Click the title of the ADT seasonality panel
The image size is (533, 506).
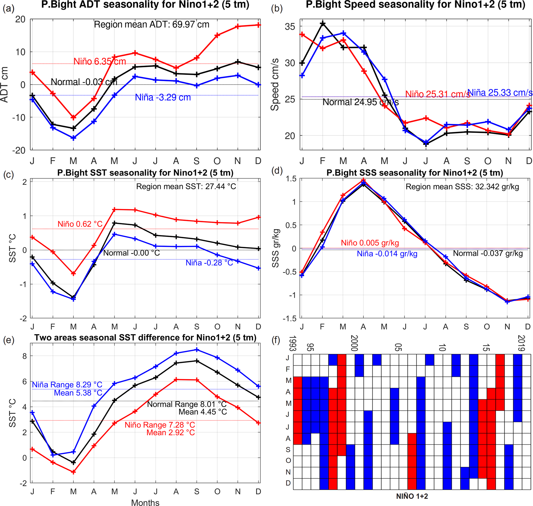[145, 5]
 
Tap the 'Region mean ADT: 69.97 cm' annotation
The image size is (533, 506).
[151, 24]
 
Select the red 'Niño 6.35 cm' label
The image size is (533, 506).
[100, 62]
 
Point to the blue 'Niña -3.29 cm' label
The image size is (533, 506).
[163, 97]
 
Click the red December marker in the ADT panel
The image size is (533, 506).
[258, 25]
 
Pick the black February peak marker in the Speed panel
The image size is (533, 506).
[323, 24]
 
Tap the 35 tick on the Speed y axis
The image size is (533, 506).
[290, 27]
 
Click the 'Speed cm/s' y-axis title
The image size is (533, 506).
[275, 85]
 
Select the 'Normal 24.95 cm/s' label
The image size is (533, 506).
[360, 102]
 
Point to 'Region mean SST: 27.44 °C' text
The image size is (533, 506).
[186, 186]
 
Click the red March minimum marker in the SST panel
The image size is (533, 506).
[73, 274]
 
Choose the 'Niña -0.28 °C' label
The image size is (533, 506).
[209, 263]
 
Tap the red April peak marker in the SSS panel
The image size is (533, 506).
[364, 180]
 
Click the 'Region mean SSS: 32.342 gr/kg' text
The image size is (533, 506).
[462, 187]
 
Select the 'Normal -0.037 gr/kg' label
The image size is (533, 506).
[488, 253]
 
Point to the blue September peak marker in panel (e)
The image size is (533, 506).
[197, 350]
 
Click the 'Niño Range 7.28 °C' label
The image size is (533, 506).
[160, 425]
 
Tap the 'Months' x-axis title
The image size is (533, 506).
[145, 502]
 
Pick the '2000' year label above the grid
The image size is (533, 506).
[354, 343]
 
